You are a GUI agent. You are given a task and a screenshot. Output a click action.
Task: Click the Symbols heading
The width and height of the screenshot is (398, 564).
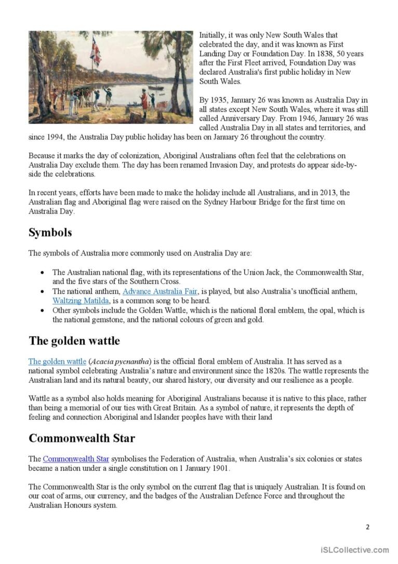50,233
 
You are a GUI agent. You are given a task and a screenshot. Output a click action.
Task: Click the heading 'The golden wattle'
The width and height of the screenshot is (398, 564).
74,341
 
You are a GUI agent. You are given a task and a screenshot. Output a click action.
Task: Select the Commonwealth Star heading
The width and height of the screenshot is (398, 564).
82,438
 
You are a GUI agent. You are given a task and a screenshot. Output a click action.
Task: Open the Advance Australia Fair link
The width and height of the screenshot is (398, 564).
160,291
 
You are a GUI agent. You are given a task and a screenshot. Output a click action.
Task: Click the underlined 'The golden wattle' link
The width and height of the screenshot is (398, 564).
57,362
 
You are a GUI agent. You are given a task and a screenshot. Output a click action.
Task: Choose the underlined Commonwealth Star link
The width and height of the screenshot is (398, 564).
76,459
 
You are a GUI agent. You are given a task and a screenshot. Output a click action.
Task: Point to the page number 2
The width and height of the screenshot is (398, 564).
367,527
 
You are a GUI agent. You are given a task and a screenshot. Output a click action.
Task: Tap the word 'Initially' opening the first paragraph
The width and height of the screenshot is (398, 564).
214,35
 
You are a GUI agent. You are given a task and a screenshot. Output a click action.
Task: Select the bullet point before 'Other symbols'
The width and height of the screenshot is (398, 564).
42,311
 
